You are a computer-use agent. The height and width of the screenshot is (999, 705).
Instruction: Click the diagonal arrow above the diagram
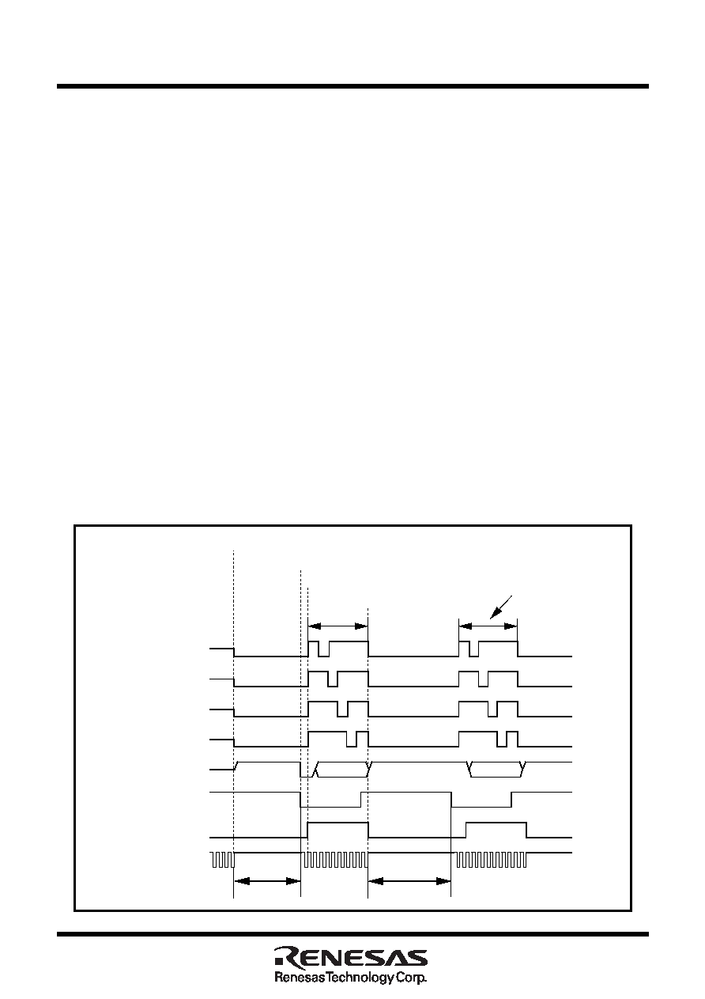coord(501,607)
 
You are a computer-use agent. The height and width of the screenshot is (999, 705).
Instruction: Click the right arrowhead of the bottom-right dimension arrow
coord(443,881)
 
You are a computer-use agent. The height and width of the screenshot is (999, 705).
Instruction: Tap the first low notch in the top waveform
coord(323,649)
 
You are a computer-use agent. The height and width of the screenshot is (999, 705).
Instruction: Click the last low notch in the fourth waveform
coord(502,739)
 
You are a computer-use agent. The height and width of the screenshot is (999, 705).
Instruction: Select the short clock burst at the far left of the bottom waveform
coord(222,860)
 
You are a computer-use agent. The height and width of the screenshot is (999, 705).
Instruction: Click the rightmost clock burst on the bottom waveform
coord(491,860)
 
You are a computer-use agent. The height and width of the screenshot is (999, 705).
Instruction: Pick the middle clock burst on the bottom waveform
coord(335,860)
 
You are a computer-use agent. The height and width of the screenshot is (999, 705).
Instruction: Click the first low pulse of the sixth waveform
coord(330,800)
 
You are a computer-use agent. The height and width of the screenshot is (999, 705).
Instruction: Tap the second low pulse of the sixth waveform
coord(481,800)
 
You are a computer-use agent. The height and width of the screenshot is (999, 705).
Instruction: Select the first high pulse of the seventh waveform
coord(338,830)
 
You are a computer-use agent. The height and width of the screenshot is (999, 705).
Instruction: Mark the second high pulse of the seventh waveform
coord(496,830)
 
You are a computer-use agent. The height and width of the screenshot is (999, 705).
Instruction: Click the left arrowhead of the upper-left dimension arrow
coord(315,626)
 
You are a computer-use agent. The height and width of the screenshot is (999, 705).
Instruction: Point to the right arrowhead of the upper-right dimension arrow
coord(511,626)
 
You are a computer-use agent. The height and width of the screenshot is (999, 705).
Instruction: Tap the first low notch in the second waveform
coord(333,679)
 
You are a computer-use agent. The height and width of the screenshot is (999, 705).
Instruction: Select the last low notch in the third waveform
coord(492,710)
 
